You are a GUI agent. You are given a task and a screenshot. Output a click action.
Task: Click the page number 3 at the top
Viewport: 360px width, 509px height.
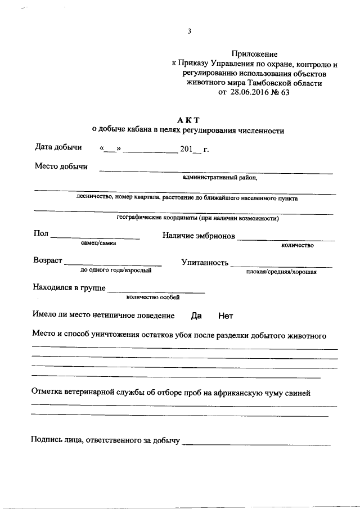click(190, 31)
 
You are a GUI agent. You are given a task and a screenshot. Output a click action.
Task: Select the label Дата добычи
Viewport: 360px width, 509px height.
click(58, 148)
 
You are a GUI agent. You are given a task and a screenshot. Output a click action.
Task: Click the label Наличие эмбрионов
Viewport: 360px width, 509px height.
click(199, 236)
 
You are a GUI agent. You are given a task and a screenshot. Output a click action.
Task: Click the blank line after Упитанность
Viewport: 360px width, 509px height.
click(281, 265)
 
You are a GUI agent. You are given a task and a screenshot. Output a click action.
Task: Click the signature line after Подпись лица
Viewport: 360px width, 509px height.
click(256, 444)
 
